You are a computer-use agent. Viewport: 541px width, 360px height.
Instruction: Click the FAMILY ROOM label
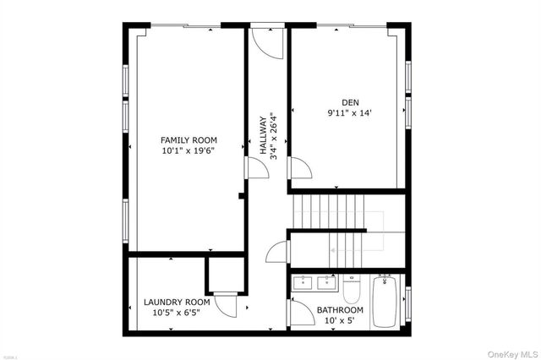(x=189, y=139)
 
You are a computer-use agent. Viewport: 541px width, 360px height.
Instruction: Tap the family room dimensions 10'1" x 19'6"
(x=189, y=151)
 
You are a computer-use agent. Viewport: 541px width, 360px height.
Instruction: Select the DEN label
(x=351, y=101)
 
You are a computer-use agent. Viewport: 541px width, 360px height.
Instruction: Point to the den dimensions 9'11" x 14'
(x=351, y=112)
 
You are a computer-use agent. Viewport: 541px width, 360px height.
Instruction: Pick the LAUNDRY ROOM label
(x=176, y=302)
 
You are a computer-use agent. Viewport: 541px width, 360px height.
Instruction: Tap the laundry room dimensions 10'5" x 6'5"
(x=176, y=313)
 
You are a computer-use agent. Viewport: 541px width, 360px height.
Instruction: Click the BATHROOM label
(x=340, y=309)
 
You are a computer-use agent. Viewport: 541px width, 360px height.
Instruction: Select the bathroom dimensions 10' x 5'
(x=340, y=321)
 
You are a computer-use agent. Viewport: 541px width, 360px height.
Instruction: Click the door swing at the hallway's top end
(x=264, y=42)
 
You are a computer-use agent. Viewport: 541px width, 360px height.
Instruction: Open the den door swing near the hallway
(x=300, y=167)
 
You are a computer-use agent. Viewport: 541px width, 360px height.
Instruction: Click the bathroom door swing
(x=301, y=313)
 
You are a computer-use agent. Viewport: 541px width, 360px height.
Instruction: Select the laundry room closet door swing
(x=226, y=303)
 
